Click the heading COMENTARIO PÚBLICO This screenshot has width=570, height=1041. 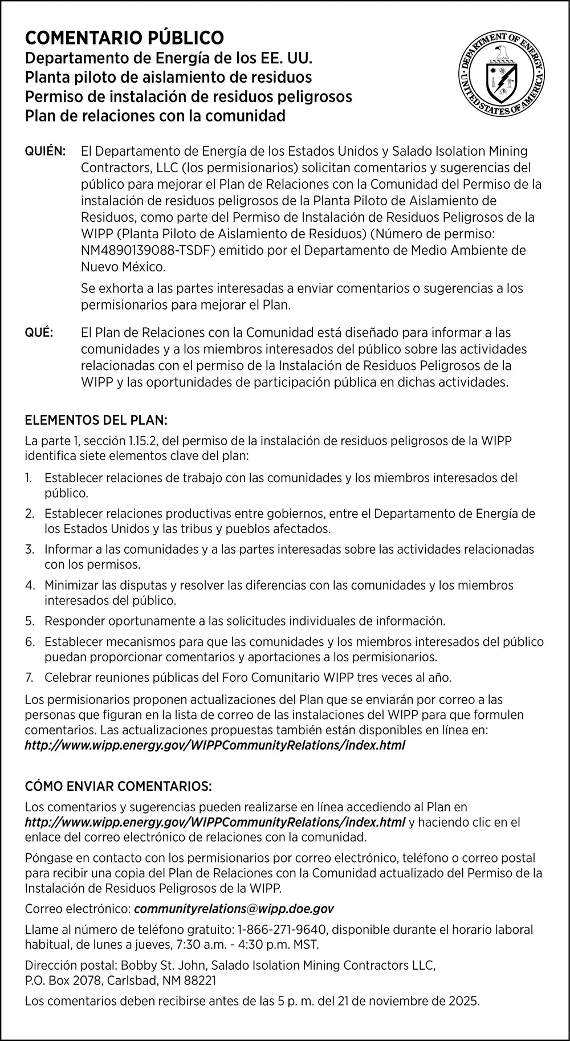tap(124, 38)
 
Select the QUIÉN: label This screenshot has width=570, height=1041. tap(46, 152)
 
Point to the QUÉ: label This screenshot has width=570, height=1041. tap(39, 332)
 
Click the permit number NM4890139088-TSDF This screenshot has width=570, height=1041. tap(149, 250)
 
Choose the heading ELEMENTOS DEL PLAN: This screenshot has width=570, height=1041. tap(96, 421)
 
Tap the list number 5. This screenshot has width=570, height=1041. tap(30, 621)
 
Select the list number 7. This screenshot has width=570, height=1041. tap(30, 678)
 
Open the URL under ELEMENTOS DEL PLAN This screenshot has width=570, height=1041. tap(215, 745)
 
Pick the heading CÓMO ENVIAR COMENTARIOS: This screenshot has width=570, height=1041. tap(118, 787)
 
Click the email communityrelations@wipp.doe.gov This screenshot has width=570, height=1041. tap(234, 909)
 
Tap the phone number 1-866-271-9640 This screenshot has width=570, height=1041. tap(282, 930)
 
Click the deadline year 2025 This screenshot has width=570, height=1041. tap(464, 1001)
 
